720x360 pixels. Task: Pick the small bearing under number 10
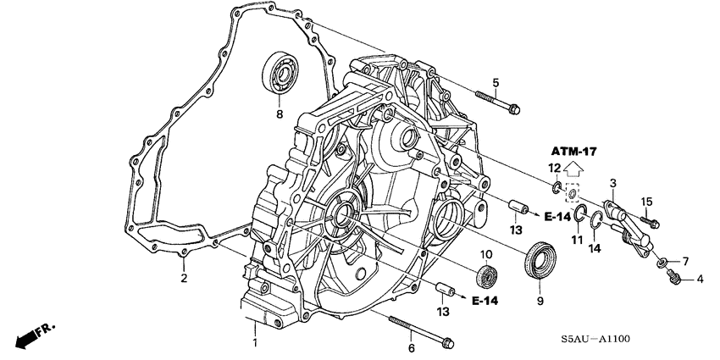pos(487,276)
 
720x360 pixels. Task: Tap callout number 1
pos(254,342)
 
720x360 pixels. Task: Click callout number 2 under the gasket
pos(183,277)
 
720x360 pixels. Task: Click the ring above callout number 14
pos(596,223)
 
